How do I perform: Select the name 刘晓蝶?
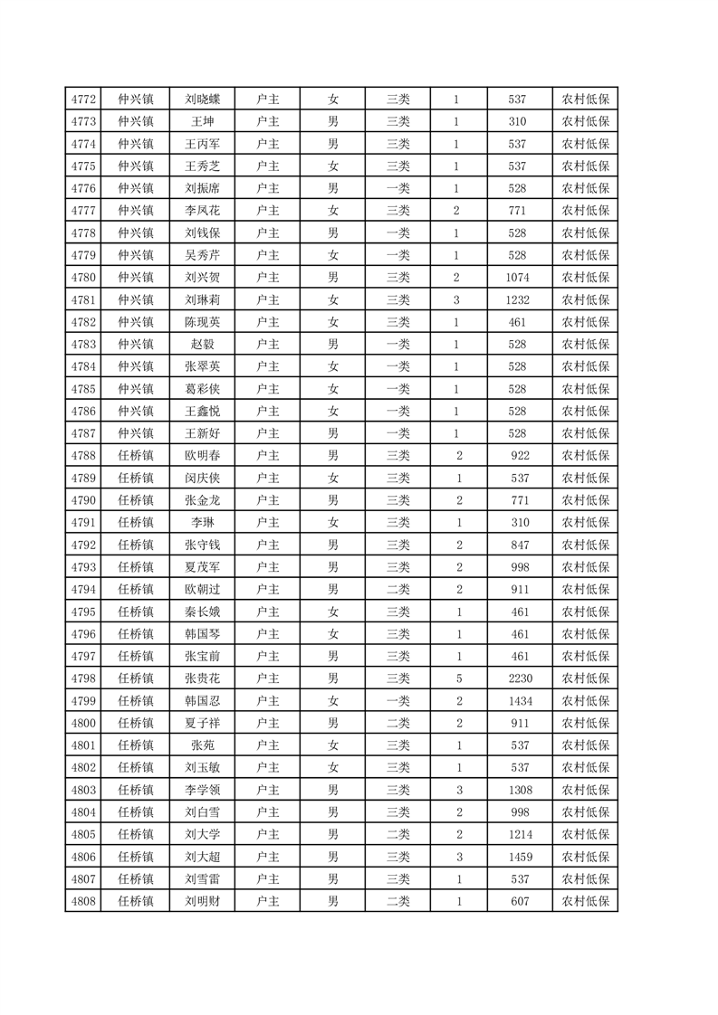(203, 100)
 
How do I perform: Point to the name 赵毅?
(203, 345)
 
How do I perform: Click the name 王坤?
(203, 121)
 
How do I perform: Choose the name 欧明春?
(203, 456)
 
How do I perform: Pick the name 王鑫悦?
(203, 412)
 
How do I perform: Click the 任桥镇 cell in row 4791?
(136, 523)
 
